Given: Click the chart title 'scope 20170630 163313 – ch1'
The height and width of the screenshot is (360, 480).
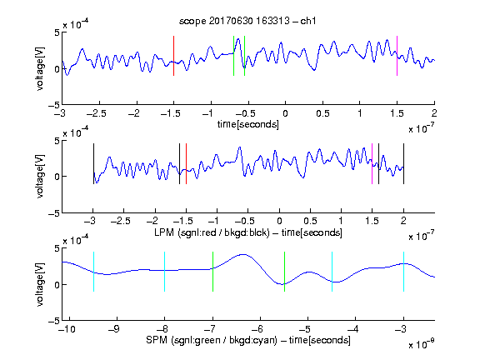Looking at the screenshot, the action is (x=247, y=21).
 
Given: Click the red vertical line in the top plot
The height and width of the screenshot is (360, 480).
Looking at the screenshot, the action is (x=173, y=56).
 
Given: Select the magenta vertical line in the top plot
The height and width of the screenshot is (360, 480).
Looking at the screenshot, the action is (x=397, y=56).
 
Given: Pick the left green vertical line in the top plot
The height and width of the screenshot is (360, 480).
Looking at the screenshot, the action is (x=233, y=56).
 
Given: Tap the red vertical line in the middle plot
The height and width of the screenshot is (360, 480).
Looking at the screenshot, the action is (x=186, y=164).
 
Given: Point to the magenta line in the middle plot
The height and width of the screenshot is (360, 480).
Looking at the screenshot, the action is (x=372, y=164).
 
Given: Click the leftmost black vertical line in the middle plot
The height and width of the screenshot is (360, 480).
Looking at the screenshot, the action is (x=93, y=164).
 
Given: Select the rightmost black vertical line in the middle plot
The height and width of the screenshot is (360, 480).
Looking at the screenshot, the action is (x=403, y=164).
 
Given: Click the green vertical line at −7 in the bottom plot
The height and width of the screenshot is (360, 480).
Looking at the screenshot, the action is (x=212, y=272).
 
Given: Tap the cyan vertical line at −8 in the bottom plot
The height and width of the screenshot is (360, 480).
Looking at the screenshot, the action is (x=165, y=272).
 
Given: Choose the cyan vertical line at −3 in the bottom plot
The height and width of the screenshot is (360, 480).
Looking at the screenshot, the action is (x=403, y=272).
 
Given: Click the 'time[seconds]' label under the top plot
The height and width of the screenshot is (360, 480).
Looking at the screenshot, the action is (x=248, y=125).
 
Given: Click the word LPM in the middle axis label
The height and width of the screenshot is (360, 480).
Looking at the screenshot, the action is (x=164, y=232).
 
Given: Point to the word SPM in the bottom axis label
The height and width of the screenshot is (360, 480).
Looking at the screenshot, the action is (x=157, y=340).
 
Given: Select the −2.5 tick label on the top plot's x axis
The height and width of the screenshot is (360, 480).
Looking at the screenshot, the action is (x=97, y=113).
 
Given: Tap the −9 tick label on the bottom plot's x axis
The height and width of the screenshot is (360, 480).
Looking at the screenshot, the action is (x=114, y=329).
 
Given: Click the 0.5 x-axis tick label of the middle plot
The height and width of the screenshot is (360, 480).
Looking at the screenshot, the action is (x=310, y=222).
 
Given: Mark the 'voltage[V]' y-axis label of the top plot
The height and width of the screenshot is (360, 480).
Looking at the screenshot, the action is (x=40, y=68).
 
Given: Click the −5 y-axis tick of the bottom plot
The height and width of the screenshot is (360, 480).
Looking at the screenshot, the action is (x=54, y=321).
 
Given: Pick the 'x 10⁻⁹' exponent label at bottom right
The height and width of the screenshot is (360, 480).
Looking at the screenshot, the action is (x=422, y=344).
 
